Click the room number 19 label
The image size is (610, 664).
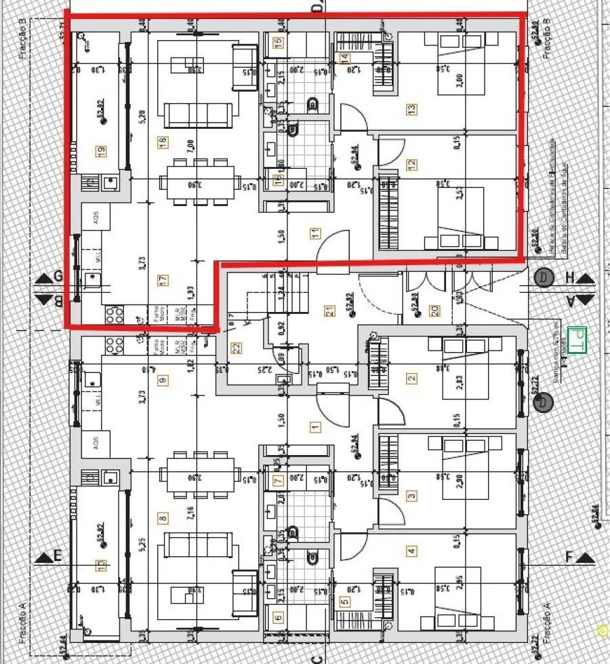[102, 151]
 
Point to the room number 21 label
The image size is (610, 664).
[330, 311]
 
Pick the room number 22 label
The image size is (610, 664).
[237, 347]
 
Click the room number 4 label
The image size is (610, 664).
[412, 551]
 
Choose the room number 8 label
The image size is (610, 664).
[162, 520]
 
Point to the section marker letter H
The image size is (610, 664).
[569, 277]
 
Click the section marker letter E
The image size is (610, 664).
[58, 556]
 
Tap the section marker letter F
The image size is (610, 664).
[569, 557]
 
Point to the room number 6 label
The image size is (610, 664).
[278, 618]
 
